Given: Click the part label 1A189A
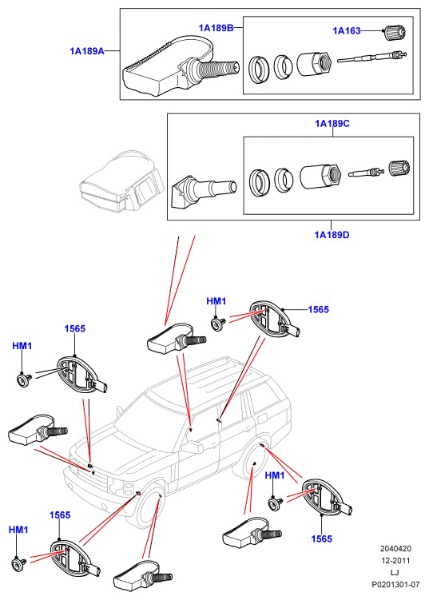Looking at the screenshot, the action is point(87,51).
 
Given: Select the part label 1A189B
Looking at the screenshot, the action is point(216,28).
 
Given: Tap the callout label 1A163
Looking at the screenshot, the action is point(347,30).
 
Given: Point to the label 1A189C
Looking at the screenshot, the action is point(332,124).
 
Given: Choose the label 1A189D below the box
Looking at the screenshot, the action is point(332,235).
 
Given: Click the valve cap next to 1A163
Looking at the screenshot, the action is point(394,32).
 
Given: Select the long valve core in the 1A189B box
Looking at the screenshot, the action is point(371,58).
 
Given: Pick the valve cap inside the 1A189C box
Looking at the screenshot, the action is point(400,169).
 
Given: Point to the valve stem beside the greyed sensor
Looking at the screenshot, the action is point(204,190).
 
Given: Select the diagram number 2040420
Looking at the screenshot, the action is point(395,549).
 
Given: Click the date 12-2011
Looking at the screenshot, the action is point(395,561).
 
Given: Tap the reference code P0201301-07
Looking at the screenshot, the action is point(395,584).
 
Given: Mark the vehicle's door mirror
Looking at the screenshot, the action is point(193,447).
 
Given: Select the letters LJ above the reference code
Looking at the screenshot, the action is point(395,573).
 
